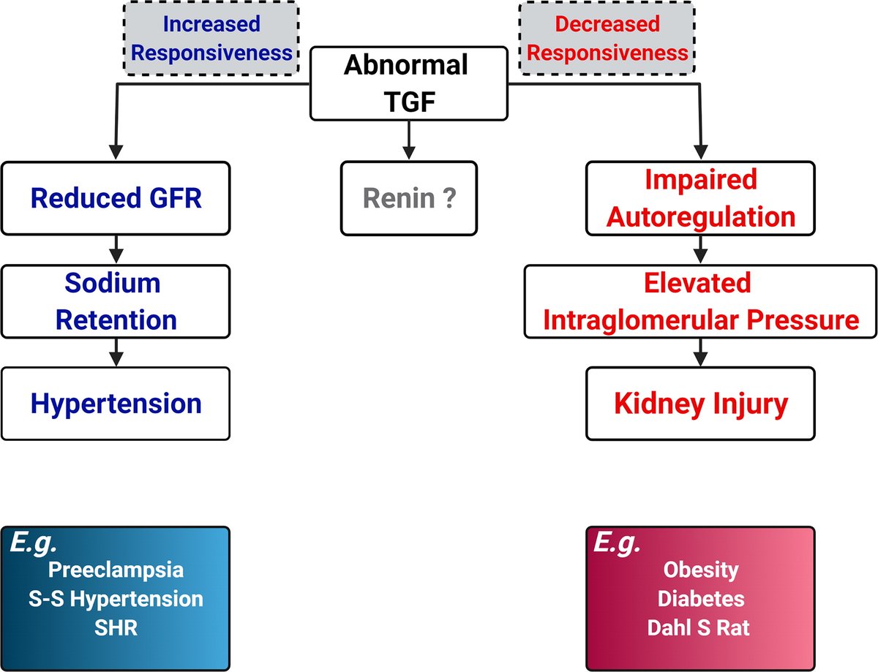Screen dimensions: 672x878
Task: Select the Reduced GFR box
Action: point(116,198)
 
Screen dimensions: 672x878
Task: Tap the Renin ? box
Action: point(408,198)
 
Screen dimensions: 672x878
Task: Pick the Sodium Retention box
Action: point(116,301)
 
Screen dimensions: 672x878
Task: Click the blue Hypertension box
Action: point(116,404)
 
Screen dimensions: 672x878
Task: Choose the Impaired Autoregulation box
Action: point(700,198)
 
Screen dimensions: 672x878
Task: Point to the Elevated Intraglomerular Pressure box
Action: point(700,301)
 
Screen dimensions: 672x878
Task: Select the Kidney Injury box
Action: point(700,404)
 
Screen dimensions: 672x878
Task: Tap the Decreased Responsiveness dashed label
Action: point(607,38)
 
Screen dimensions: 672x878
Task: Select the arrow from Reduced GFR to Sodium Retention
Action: point(116,251)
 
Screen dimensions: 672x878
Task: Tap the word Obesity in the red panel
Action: point(700,570)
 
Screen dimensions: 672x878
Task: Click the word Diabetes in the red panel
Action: point(700,599)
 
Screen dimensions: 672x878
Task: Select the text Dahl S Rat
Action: point(700,628)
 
